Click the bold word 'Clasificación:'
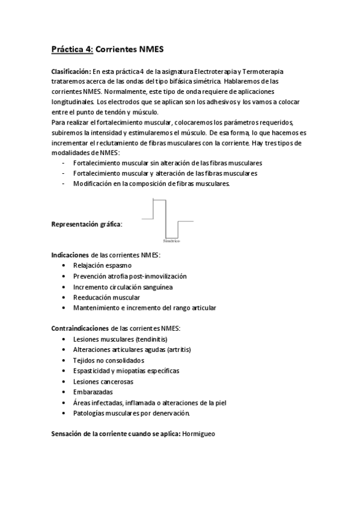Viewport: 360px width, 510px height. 72,72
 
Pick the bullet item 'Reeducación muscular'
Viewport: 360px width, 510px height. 106,297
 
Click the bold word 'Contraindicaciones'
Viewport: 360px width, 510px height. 81,328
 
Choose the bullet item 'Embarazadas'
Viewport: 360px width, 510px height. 92,392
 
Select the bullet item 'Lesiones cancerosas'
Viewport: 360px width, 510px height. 103,381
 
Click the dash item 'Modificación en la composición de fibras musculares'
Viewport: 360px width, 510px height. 151,184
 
